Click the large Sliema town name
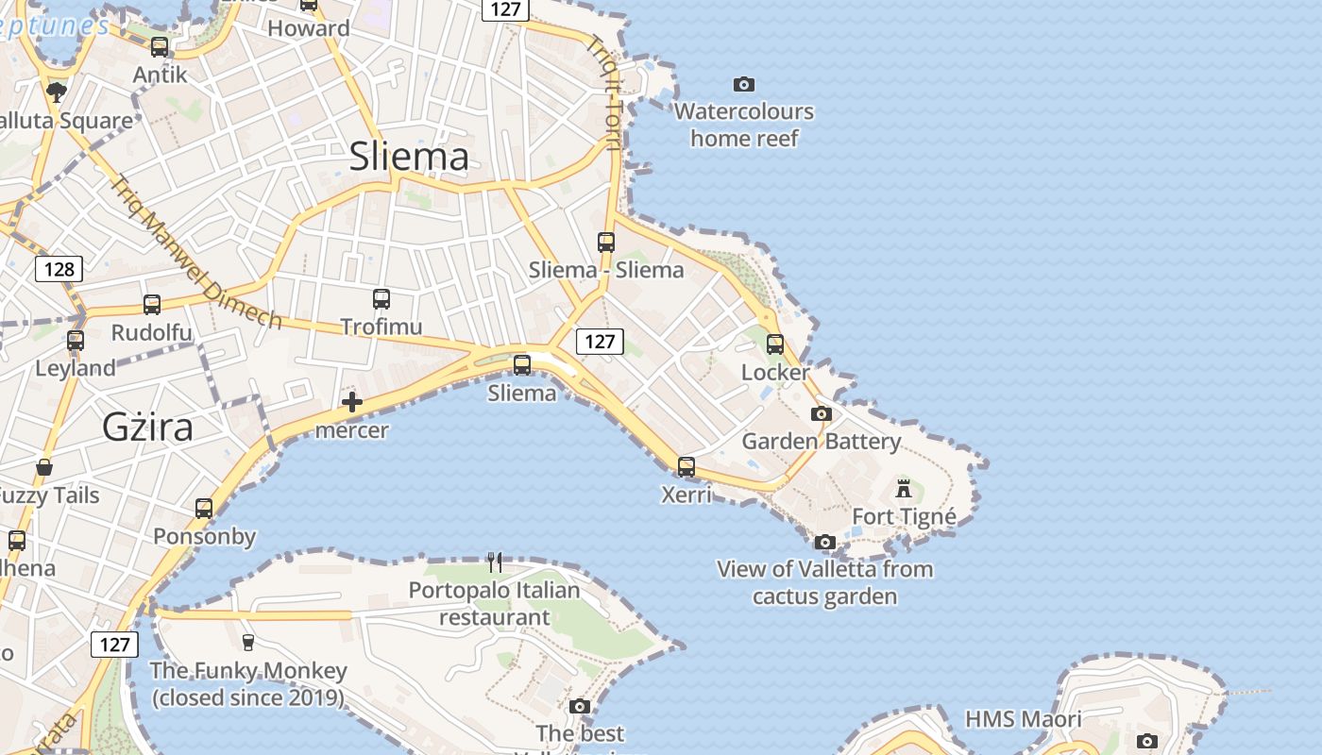409,156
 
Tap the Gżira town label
147,428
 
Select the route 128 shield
59,269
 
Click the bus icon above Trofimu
381,299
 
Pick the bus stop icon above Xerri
686,466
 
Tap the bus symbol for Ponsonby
204,509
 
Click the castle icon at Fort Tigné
904,489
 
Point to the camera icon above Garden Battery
822,413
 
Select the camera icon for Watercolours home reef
744,85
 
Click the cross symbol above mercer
352,403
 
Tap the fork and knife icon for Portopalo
495,562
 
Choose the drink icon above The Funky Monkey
248,643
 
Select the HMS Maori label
1023,719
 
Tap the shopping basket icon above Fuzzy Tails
44,467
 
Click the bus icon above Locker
775,344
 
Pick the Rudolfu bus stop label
151,332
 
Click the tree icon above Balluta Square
57,92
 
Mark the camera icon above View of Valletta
824,542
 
